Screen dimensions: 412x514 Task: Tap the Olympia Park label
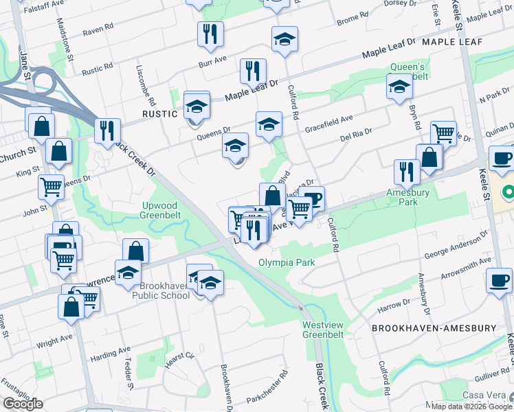click(x=287, y=263)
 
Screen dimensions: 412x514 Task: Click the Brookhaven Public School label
click(x=165, y=290)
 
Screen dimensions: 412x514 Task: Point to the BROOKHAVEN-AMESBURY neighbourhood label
click(x=433, y=328)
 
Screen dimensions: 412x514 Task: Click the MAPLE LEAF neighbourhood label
click(x=452, y=43)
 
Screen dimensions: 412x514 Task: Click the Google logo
click(x=23, y=404)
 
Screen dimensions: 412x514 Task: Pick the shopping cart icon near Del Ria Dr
click(x=443, y=132)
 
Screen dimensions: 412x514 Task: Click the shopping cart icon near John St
click(x=51, y=185)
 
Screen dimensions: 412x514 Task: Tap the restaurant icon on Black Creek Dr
click(x=107, y=130)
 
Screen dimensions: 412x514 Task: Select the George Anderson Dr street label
click(x=456, y=244)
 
